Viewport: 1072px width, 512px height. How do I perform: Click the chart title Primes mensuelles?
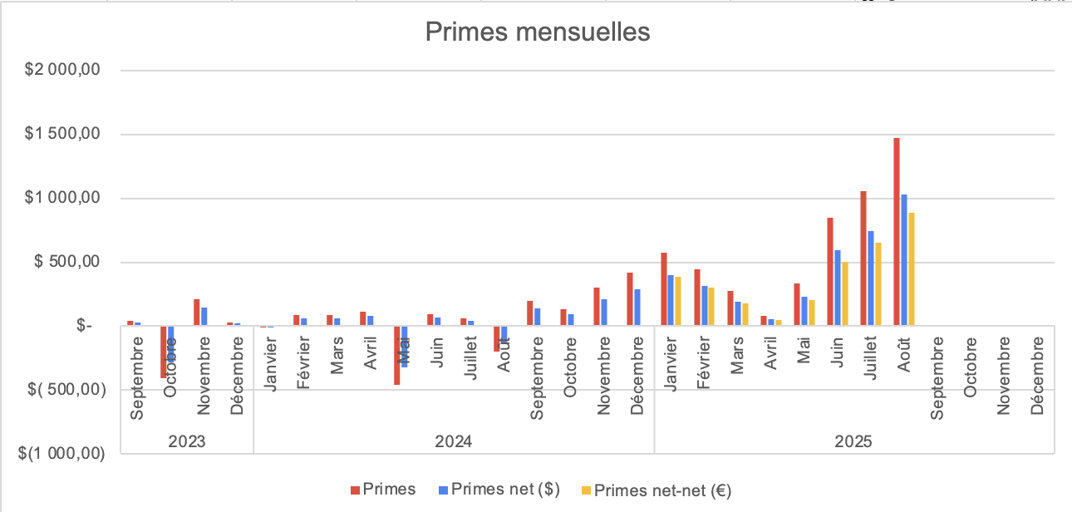tap(537, 32)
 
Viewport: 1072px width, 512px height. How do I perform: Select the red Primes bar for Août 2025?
tap(897, 233)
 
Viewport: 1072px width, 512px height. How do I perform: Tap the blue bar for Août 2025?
tap(904, 260)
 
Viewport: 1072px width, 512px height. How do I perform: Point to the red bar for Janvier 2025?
tap(663, 289)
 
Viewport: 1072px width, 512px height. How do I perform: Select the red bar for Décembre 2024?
tap(630, 299)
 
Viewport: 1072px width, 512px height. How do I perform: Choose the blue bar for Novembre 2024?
tap(604, 313)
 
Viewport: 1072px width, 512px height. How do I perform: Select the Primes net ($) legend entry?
tap(496, 490)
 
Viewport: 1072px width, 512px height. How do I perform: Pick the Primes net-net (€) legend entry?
tap(655, 490)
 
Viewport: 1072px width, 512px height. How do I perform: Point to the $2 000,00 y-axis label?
tap(63, 71)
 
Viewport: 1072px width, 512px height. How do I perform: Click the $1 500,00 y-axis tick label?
tap(63, 135)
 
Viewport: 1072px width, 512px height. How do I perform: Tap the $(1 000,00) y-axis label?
tap(63, 454)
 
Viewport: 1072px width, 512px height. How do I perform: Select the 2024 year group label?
tap(454, 441)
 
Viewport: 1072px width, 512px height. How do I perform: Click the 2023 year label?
tap(186, 441)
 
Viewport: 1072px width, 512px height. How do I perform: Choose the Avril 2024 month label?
tap(371, 353)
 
